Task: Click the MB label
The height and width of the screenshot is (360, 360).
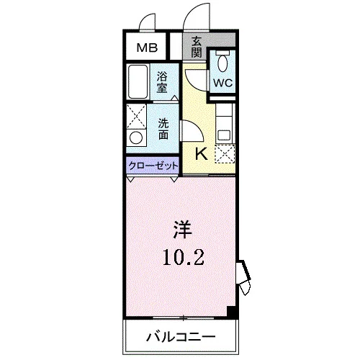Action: [147, 48]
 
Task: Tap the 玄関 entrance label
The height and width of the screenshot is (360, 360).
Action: [197, 47]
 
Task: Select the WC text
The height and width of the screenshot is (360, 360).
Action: [223, 83]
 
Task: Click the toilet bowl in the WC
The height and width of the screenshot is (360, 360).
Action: [222, 62]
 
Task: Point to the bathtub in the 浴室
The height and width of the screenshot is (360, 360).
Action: [138, 81]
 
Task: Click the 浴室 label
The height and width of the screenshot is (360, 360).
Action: [162, 82]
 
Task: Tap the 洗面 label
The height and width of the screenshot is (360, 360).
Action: [163, 129]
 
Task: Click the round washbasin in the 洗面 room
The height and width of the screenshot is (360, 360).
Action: [136, 138]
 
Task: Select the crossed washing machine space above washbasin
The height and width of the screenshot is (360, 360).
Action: [136, 117]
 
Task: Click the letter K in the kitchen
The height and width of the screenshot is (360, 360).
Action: [201, 153]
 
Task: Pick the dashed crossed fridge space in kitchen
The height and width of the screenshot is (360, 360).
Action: [225, 154]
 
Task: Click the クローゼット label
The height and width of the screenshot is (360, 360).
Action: [153, 166]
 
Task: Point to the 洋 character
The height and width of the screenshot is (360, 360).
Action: [183, 230]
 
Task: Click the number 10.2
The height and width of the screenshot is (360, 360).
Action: [184, 257]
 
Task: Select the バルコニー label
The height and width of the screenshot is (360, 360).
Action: [181, 337]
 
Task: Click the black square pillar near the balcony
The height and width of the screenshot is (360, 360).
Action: [232, 312]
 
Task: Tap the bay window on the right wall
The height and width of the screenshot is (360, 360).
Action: [244, 277]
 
